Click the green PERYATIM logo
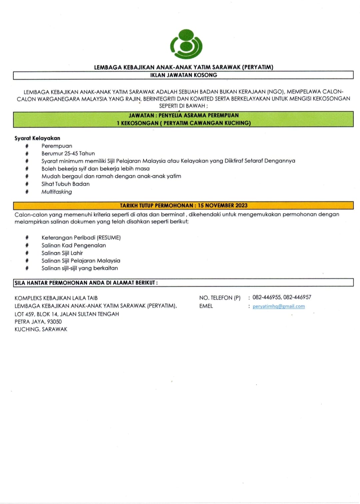pyautogui.click(x=186, y=44)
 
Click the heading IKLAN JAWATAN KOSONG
pyautogui.click(x=183, y=75)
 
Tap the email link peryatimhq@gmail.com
pyautogui.click(x=279, y=306)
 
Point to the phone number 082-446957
pyautogui.click(x=297, y=297)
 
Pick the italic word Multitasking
pyautogui.click(x=57, y=192)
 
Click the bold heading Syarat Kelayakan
pyautogui.click(x=37, y=138)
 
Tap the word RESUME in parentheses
pyautogui.click(x=108, y=238)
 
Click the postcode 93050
pyautogui.click(x=54, y=321)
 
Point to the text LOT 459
pyautogui.click(x=24, y=314)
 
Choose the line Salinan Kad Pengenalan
pyautogui.click(x=74, y=245)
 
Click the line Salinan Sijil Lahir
pyautogui.click(x=62, y=253)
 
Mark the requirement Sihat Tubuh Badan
pyautogui.click(x=65, y=184)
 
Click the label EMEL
pyautogui.click(x=206, y=306)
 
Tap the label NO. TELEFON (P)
pyautogui.click(x=220, y=298)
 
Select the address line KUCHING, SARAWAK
pyautogui.click(x=41, y=329)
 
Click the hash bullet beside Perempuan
pyautogui.click(x=27, y=146)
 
